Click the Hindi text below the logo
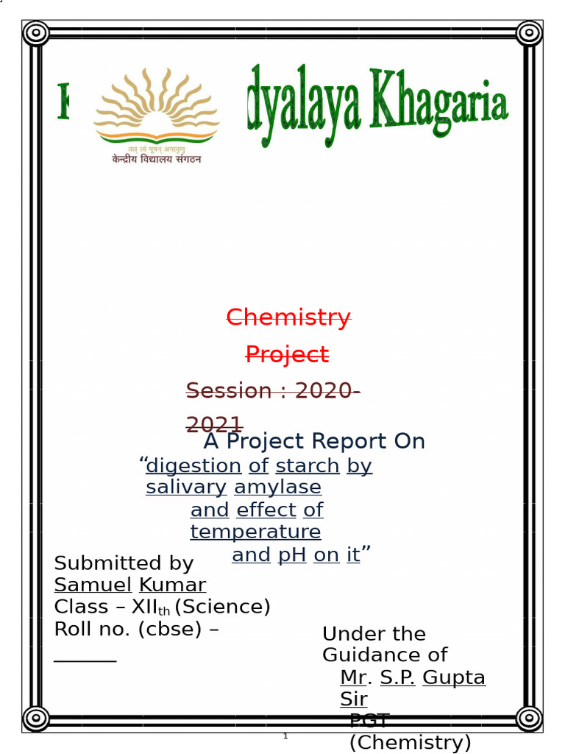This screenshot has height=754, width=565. click(156, 158)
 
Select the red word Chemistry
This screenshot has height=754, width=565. click(288, 317)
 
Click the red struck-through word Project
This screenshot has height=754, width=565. click(287, 355)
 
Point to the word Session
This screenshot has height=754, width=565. click(229, 390)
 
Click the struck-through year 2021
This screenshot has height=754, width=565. click(214, 425)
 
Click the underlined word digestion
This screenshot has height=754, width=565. click(193, 466)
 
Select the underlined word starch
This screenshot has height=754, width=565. click(308, 466)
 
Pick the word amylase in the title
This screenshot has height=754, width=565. click(277, 487)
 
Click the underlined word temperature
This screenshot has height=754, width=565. click(255, 532)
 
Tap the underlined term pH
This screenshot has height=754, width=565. click(291, 555)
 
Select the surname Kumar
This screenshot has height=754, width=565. click(172, 585)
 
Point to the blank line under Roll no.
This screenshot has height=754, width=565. click(85, 660)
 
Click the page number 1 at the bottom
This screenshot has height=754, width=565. click(285, 736)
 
